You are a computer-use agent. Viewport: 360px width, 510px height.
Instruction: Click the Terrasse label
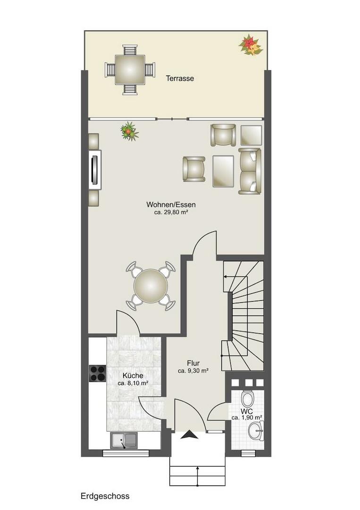180,78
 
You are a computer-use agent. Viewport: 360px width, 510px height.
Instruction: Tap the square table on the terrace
130,70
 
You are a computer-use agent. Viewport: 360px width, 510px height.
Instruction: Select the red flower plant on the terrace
251,45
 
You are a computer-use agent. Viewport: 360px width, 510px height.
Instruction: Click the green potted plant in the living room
129,131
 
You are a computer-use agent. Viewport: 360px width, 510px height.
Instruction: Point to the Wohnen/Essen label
171,204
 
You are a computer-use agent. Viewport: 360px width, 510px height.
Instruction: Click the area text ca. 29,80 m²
171,212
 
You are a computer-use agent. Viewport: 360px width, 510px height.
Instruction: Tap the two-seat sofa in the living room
250,171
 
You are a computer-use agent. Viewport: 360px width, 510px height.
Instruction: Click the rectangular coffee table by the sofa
223,171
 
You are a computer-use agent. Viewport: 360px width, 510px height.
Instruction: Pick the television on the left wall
94,170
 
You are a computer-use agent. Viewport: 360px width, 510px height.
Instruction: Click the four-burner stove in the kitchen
98,373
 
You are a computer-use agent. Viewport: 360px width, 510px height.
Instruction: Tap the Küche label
133,376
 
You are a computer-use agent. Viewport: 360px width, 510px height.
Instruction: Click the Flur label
193,363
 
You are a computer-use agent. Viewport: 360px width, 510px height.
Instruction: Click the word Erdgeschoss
105,496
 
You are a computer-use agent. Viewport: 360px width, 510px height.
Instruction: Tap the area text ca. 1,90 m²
247,417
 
